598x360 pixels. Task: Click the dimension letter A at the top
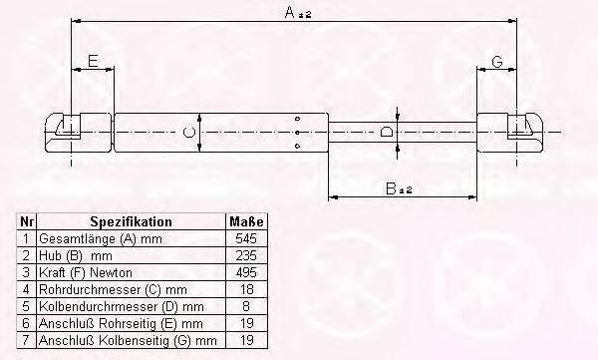290,13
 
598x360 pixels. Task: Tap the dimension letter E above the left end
93,61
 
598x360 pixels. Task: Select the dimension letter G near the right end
497,62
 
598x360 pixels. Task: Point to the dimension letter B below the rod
391,188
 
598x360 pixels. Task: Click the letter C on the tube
189,133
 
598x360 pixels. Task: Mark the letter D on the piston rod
387,132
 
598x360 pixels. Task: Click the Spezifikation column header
131,221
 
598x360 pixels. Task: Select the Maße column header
246,221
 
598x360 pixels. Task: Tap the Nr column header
26,221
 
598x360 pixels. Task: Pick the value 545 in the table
246,238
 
